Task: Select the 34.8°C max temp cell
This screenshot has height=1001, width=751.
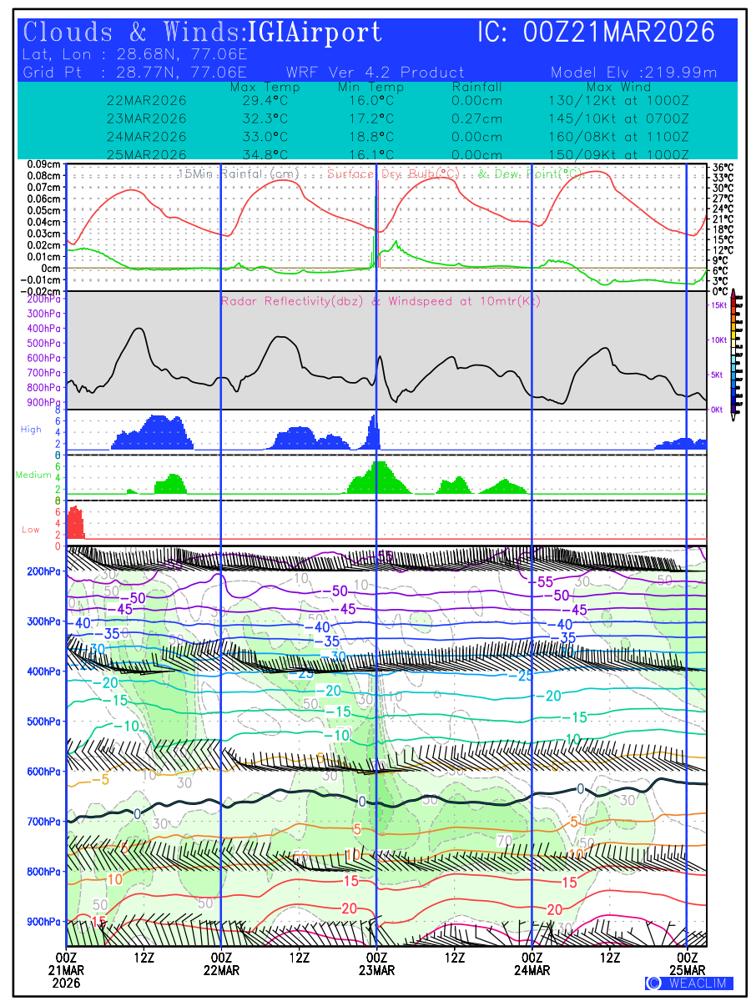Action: point(260,154)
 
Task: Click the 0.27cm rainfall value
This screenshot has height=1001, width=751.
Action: point(476,118)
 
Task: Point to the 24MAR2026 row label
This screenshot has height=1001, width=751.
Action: point(146,136)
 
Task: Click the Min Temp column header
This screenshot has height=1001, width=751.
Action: point(370,87)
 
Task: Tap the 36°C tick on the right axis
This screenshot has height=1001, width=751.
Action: point(723,167)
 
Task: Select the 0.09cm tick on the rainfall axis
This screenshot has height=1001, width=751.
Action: point(43,164)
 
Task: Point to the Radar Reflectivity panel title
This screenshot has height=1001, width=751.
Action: point(381,301)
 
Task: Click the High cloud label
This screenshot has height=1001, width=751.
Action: point(31,430)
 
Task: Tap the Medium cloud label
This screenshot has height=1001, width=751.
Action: point(33,475)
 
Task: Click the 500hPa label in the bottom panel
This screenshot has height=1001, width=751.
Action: point(42,722)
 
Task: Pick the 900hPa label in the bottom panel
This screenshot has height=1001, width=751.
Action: point(42,922)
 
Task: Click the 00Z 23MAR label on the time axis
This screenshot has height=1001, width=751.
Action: point(376,963)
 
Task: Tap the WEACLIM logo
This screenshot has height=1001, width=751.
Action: point(689,983)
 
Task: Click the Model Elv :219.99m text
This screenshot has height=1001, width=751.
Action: point(634,73)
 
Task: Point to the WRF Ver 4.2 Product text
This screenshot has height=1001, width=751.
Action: point(375,73)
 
